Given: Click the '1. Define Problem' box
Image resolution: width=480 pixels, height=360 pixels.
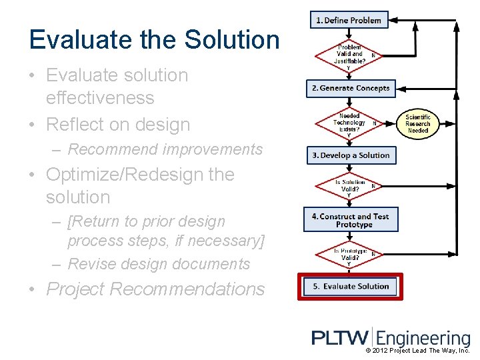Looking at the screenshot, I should [x=348, y=20].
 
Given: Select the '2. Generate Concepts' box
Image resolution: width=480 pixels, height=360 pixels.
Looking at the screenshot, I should [x=351, y=88].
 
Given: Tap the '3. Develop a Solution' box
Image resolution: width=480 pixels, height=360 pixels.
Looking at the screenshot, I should [x=351, y=155].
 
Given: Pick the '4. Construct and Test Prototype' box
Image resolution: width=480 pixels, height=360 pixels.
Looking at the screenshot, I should [x=351, y=220].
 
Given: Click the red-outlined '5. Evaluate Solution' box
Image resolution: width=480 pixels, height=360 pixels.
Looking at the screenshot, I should [x=351, y=286].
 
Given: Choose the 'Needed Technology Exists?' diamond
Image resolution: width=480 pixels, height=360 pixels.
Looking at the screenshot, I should [x=349, y=123].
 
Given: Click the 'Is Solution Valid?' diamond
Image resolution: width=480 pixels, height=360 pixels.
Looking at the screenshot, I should [x=349, y=187].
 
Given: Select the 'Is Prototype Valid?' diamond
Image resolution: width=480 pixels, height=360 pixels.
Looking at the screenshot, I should [x=349, y=255].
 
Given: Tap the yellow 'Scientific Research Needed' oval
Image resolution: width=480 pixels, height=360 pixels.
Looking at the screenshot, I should [x=418, y=123].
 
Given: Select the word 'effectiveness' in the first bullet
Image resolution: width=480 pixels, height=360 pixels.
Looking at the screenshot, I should [x=100, y=98].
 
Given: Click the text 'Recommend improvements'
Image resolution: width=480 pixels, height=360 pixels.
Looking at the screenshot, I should [x=165, y=149].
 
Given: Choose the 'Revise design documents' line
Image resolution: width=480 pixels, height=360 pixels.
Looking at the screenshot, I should [x=159, y=264].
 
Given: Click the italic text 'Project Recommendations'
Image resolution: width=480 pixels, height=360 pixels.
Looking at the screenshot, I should [x=155, y=289].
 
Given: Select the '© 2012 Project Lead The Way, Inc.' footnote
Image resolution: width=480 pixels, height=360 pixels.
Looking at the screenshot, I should [x=418, y=351].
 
